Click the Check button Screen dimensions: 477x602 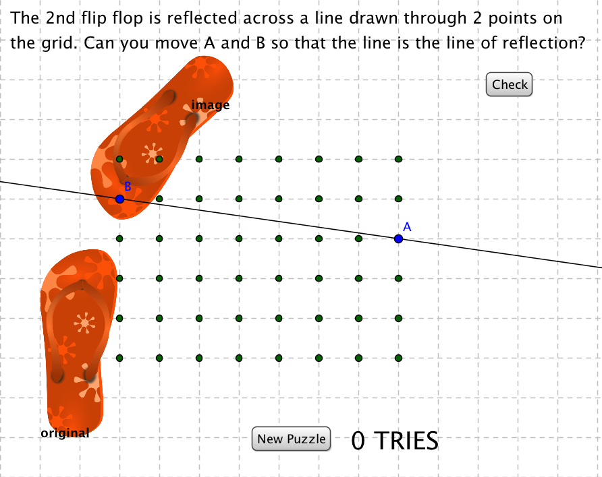510,85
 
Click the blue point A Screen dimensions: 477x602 398,238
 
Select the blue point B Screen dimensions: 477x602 119,199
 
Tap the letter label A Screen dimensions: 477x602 407,227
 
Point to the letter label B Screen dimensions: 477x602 127,187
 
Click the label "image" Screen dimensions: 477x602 211,105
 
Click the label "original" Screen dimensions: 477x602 65,433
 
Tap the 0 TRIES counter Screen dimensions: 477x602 395,441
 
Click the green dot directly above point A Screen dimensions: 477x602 398,199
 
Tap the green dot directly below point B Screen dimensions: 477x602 119,238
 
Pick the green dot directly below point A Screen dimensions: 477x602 398,278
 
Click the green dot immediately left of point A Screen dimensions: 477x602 358,238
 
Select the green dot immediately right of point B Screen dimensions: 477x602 159,199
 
